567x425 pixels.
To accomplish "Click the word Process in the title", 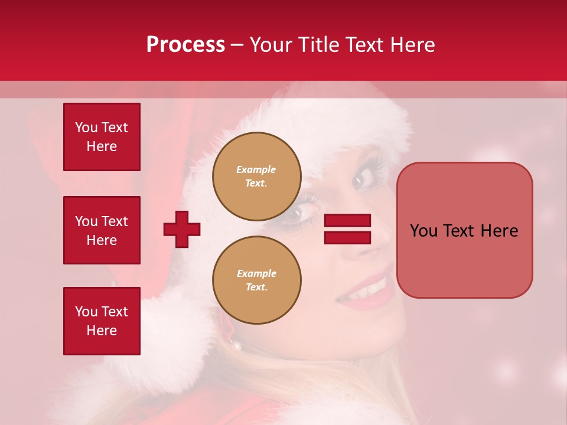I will (185, 45).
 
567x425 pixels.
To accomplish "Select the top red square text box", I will (102, 137).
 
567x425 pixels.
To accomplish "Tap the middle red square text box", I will (102, 230).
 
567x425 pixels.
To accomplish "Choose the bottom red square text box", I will (102, 321).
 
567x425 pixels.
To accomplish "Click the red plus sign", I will (182, 229).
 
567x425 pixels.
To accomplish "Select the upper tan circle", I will (257, 176).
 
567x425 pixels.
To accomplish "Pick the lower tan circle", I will (257, 280).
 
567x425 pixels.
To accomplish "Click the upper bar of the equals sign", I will (347, 221).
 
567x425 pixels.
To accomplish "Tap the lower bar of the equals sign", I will (347, 237).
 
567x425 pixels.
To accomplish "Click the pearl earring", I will (236, 345).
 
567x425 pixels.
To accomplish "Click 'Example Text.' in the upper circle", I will (256, 176).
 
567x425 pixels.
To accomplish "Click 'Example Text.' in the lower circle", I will (256, 280).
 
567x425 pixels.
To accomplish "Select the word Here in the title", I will (412, 45).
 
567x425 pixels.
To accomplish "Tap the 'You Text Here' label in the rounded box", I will (464, 231).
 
